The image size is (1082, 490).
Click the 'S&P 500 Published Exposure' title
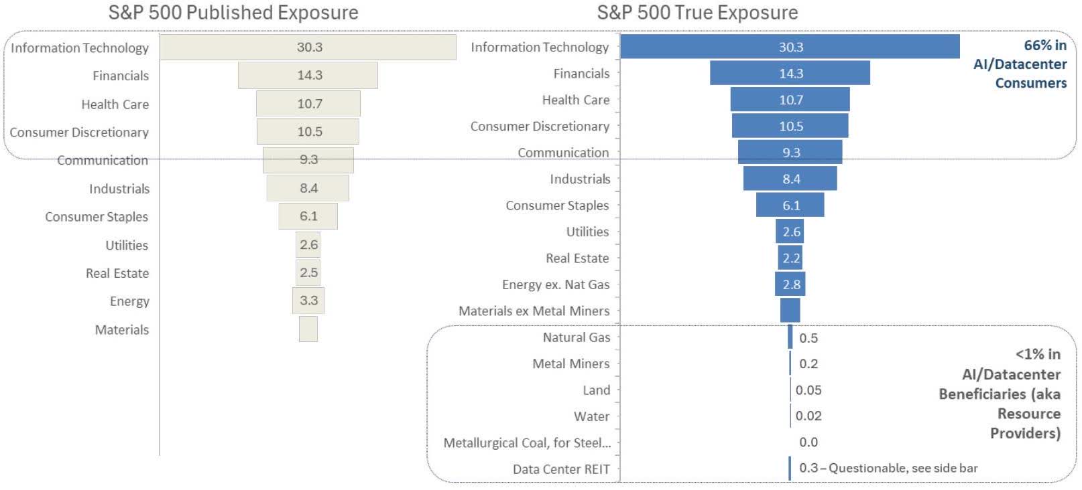coord(233,13)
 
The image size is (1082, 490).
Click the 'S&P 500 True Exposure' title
coord(697,13)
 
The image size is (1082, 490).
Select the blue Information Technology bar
coord(790,47)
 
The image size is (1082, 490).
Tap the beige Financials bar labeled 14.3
coord(308,76)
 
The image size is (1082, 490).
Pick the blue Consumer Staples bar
coord(790,206)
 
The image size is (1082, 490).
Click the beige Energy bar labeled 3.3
coord(308,301)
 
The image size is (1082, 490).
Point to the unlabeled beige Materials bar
coord(308,329)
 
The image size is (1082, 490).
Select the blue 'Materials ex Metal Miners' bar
coord(790,311)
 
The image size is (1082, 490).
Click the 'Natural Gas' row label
coord(577,337)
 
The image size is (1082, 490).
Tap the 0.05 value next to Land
coord(808,390)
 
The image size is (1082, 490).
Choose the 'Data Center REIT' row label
coord(561,469)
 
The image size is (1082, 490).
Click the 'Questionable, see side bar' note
coord(903,468)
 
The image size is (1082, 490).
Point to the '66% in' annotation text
coord(1044,46)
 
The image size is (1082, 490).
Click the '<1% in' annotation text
coord(1037,354)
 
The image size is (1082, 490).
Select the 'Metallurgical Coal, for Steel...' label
coord(527,442)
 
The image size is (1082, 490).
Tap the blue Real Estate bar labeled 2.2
coord(790,258)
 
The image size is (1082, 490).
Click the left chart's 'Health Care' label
coord(115,104)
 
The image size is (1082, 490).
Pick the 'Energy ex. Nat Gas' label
coord(556,284)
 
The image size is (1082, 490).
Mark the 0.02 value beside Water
coord(808,416)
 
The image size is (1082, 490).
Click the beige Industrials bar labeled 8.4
coord(308,188)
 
